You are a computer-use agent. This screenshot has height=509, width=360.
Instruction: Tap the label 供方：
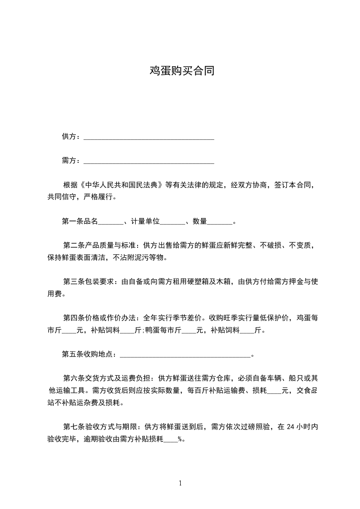(71, 137)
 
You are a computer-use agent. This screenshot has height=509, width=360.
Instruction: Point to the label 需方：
(71, 161)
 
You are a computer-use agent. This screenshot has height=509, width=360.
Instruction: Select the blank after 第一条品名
(111, 222)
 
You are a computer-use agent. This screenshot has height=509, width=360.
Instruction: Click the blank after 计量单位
(173, 222)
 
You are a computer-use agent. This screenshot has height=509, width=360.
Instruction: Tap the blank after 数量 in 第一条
(220, 222)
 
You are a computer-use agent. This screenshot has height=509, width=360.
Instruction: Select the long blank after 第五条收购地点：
(185, 355)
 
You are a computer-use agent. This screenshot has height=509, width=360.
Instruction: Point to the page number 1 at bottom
(180, 483)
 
